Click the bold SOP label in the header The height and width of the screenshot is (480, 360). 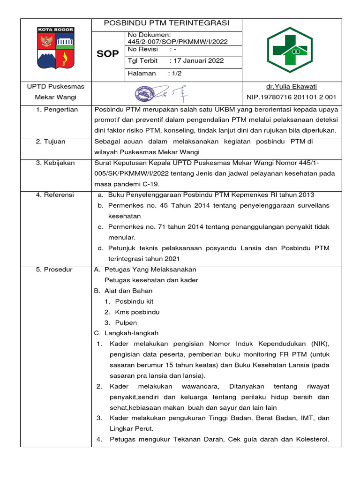tap(108, 54)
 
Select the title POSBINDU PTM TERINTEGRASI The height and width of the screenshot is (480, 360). tap(166, 23)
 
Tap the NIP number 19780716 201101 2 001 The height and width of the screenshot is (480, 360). tap(292, 97)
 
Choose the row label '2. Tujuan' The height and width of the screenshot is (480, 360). tap(51, 141)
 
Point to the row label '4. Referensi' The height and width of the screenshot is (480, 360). tap(54, 195)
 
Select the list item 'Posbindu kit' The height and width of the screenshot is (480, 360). tap(134, 301)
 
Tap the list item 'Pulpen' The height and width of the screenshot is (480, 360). tap(126, 322)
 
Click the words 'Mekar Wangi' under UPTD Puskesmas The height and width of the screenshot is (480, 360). tap(56, 97)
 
